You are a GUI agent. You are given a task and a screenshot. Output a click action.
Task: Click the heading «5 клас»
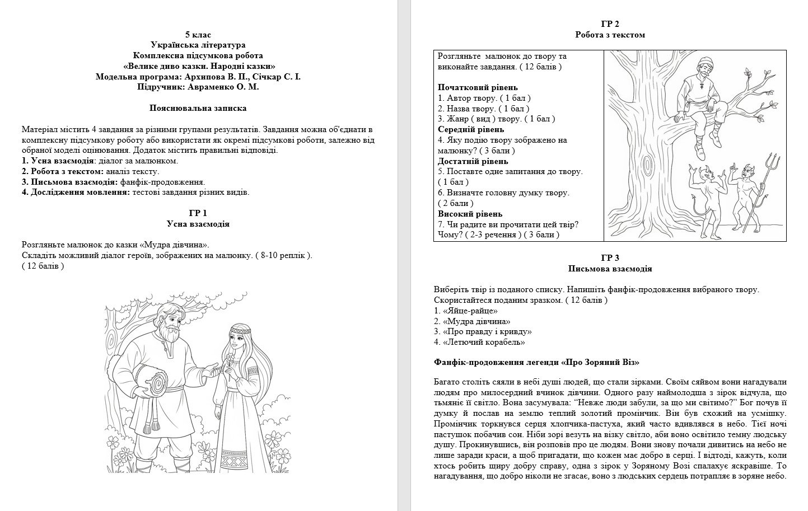(198, 35)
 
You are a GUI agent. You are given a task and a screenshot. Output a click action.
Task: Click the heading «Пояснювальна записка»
(198, 108)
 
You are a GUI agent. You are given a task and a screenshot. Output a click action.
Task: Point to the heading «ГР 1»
(198, 213)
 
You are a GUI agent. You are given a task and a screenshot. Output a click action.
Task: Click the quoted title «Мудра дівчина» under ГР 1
(174, 245)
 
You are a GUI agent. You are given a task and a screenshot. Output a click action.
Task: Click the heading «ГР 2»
(610, 24)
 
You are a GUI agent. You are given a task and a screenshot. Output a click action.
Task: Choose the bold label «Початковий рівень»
(478, 88)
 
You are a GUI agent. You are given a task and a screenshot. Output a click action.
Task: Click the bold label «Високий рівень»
(470, 214)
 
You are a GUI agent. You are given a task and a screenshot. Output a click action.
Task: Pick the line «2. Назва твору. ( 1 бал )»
(483, 109)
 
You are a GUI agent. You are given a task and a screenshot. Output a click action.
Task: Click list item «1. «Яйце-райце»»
(466, 311)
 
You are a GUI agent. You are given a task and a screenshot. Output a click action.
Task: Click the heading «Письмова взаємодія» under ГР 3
(610, 269)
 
